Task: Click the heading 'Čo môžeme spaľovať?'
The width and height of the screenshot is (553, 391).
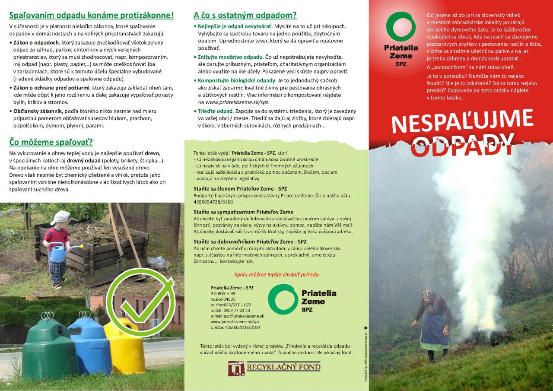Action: tap(51, 142)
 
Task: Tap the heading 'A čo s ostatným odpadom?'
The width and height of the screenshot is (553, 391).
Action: tap(245, 15)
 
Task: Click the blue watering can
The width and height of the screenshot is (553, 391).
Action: tap(58, 251)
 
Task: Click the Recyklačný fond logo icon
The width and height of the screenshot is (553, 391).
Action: tap(236, 368)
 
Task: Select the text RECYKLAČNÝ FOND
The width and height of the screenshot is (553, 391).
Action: tap(283, 368)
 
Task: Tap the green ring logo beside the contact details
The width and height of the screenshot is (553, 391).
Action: tap(283, 299)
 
